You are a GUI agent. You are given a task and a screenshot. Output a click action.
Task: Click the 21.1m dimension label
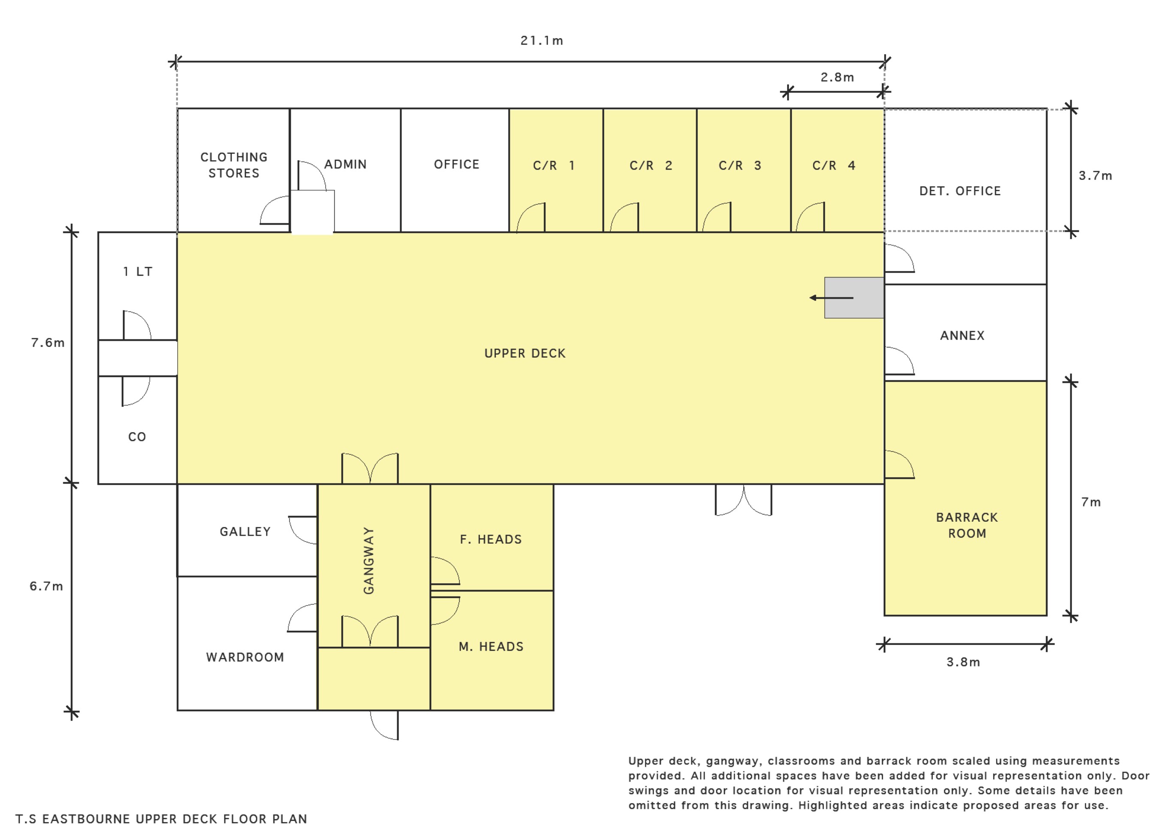click(x=541, y=40)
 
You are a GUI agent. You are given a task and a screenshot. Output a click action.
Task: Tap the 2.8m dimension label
click(x=837, y=77)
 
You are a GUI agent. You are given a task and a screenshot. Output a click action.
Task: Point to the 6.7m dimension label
click(x=46, y=586)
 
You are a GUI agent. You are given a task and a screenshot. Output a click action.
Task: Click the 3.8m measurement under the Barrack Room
click(x=963, y=662)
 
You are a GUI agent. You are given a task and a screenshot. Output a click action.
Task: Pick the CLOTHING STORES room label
click(x=233, y=165)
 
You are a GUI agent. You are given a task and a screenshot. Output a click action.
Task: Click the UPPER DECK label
click(x=525, y=353)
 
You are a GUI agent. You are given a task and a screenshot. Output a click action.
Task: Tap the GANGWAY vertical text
click(x=368, y=561)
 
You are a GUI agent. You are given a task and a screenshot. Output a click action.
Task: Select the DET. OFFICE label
click(x=960, y=191)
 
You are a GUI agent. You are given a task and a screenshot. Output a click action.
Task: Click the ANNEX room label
click(x=962, y=336)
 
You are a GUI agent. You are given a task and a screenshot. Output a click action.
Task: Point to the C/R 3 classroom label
click(x=740, y=165)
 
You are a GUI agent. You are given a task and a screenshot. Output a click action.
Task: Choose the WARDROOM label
click(x=245, y=657)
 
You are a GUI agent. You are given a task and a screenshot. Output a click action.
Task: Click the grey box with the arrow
click(x=854, y=298)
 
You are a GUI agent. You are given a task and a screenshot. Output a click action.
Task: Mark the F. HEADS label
click(x=491, y=539)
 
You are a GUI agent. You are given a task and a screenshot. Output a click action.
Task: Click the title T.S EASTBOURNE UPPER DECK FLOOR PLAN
click(x=161, y=819)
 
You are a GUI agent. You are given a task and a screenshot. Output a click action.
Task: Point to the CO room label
click(x=137, y=437)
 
